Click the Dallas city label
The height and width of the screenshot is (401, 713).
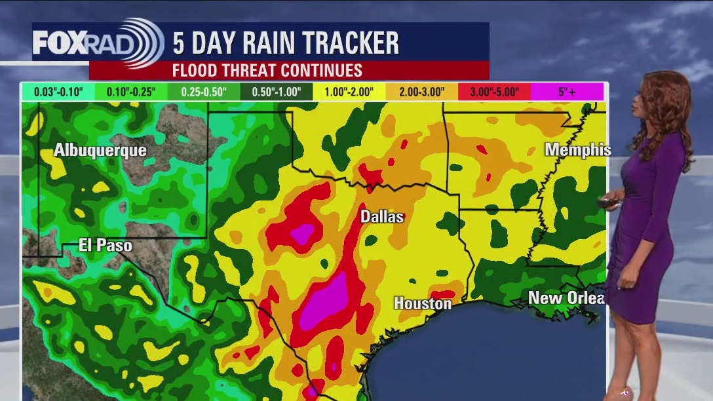coord(382,216)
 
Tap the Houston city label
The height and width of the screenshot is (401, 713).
coord(422,303)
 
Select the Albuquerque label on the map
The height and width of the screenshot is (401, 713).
coord(100,150)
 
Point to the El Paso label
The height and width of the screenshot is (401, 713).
coord(105,246)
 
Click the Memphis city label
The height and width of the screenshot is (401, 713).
coord(577,150)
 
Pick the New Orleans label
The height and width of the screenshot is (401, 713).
coord(566,298)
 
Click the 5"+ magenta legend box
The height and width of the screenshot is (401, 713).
coord(567,92)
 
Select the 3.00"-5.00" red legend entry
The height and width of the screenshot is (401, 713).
coord(493,92)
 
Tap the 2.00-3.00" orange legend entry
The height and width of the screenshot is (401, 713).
coord(421,92)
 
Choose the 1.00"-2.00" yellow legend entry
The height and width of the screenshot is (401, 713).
coord(349,92)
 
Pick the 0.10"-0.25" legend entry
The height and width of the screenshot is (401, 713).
coord(130,92)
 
